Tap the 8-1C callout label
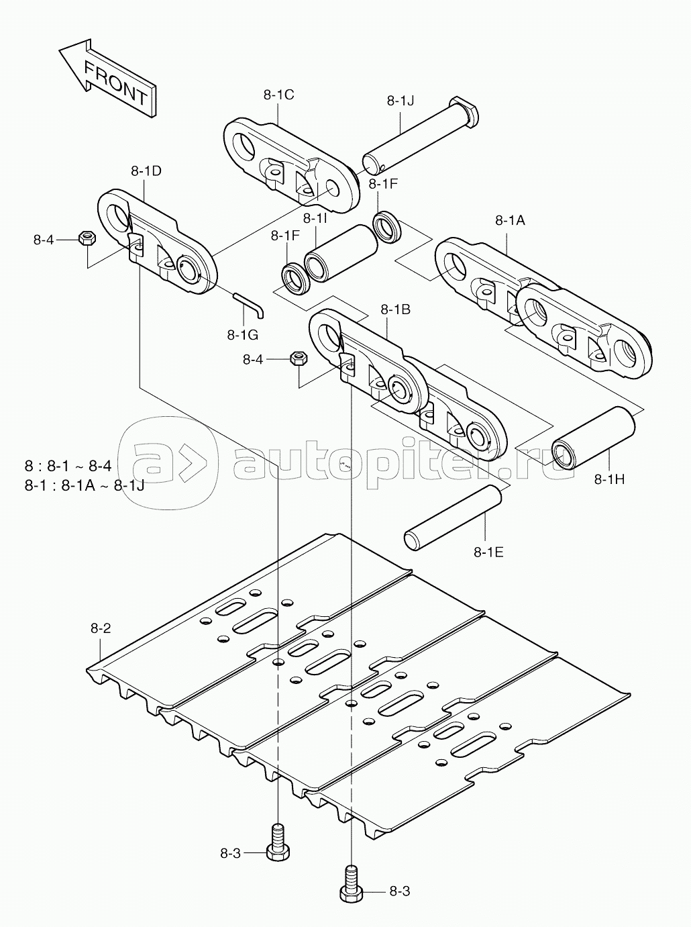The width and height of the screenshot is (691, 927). point(278,95)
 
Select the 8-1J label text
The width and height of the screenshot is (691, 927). point(401,101)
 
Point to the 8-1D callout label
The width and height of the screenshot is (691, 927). point(146,171)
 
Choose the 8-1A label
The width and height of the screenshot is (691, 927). point(510,220)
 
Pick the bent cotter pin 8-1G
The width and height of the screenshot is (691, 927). point(248,305)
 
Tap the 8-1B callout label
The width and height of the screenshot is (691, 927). point(395,309)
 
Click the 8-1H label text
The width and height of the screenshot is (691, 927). point(610,479)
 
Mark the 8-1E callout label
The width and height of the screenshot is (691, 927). point(488,552)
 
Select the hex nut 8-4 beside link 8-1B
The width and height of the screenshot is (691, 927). point(299,359)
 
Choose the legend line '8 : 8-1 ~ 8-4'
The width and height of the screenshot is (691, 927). point(68,466)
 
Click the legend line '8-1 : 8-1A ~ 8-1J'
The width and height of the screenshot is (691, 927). point(85,486)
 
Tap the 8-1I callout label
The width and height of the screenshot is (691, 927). point(315,218)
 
